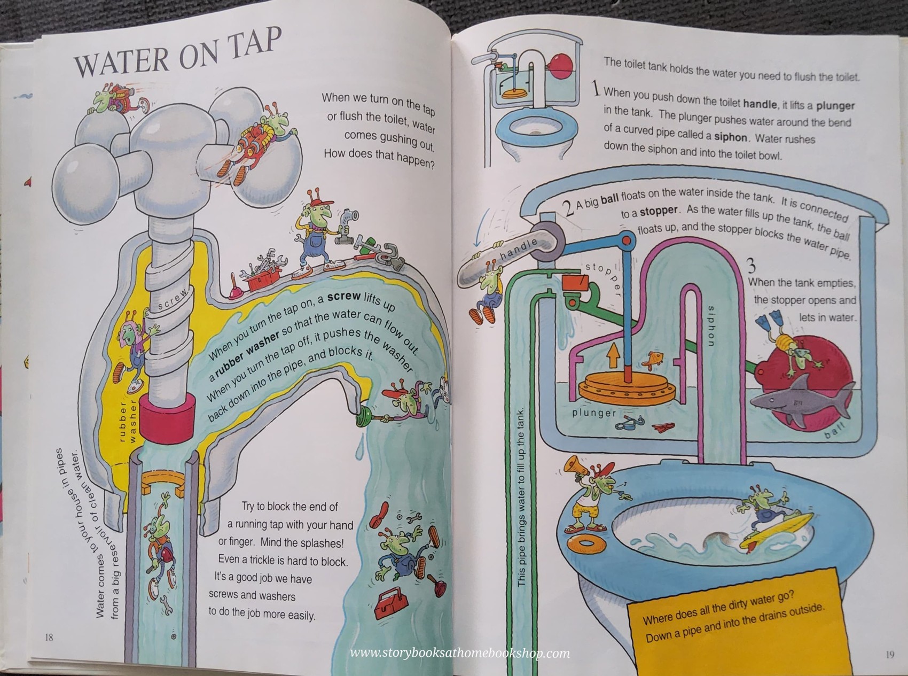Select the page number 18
49,637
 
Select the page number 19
889,654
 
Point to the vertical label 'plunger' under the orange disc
594,413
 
